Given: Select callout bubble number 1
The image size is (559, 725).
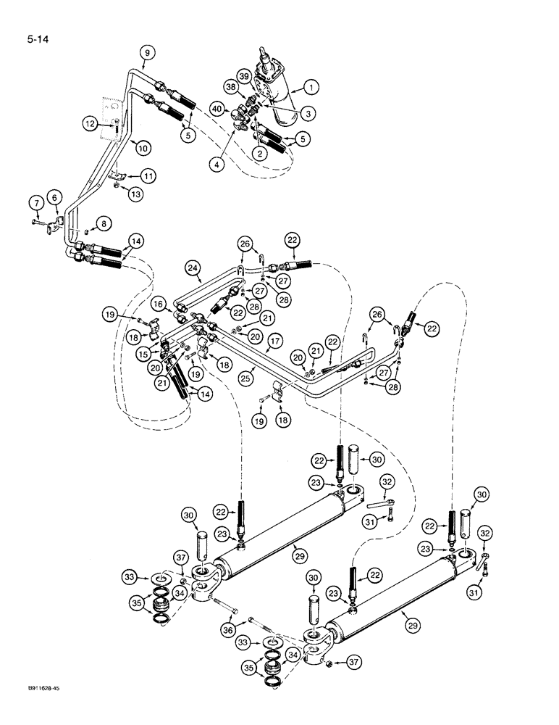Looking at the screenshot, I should [x=311, y=88].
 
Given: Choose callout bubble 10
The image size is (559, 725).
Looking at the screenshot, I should [x=144, y=146].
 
